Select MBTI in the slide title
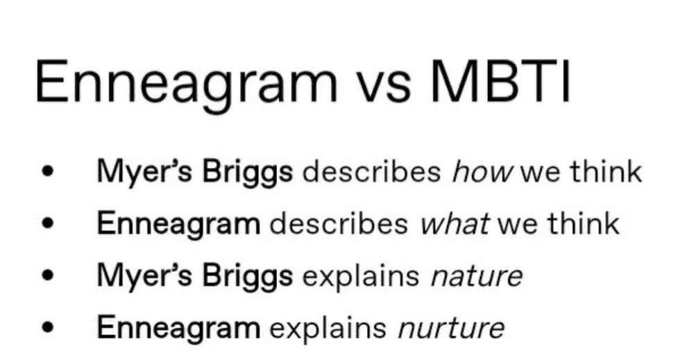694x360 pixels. click(x=500, y=82)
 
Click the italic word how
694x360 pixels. click(x=482, y=171)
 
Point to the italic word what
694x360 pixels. click(x=455, y=223)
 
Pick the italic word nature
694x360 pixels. click(x=477, y=276)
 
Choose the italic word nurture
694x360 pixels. click(x=451, y=328)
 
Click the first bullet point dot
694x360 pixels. click(x=47, y=171)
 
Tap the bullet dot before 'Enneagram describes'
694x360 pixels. click(x=47, y=223)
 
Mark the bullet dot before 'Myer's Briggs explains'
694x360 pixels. click(x=47, y=275)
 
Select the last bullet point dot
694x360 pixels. click(x=47, y=327)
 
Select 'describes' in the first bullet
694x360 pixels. click(x=371, y=171)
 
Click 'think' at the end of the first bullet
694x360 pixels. click(x=606, y=171)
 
